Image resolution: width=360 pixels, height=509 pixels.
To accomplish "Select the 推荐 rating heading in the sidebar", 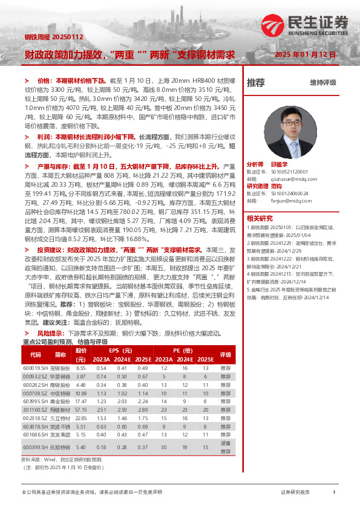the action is coord(256,83).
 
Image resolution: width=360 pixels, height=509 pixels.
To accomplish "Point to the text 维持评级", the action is coord(322,83).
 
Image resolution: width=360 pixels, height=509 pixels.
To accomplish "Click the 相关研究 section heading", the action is coord(259,218).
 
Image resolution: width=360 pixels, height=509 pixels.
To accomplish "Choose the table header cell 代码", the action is coord(36,355).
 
